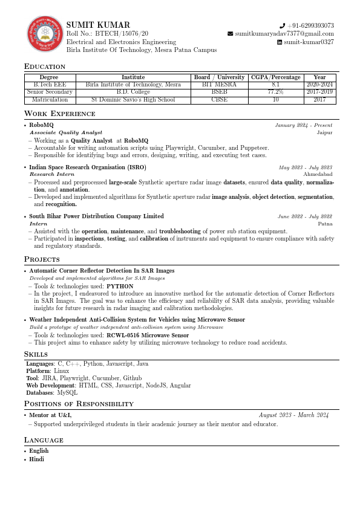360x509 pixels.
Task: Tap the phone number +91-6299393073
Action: point(310,25)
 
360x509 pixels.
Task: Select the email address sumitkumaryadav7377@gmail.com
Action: point(284,34)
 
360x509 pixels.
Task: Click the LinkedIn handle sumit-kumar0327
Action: point(309,42)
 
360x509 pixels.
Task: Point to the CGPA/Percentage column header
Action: point(275,77)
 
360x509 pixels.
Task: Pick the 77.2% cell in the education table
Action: point(275,92)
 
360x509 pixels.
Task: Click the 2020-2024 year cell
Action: point(319,85)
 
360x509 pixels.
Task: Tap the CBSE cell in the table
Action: point(219,99)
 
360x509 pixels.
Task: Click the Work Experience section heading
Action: point(59,114)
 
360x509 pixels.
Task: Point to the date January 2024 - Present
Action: point(303,125)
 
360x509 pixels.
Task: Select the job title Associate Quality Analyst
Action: point(66,132)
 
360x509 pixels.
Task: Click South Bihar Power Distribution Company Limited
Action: point(96,216)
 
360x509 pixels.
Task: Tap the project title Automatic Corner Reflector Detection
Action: point(102,271)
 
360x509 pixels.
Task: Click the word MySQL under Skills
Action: point(67,392)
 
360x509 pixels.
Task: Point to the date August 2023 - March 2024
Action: point(293,415)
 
